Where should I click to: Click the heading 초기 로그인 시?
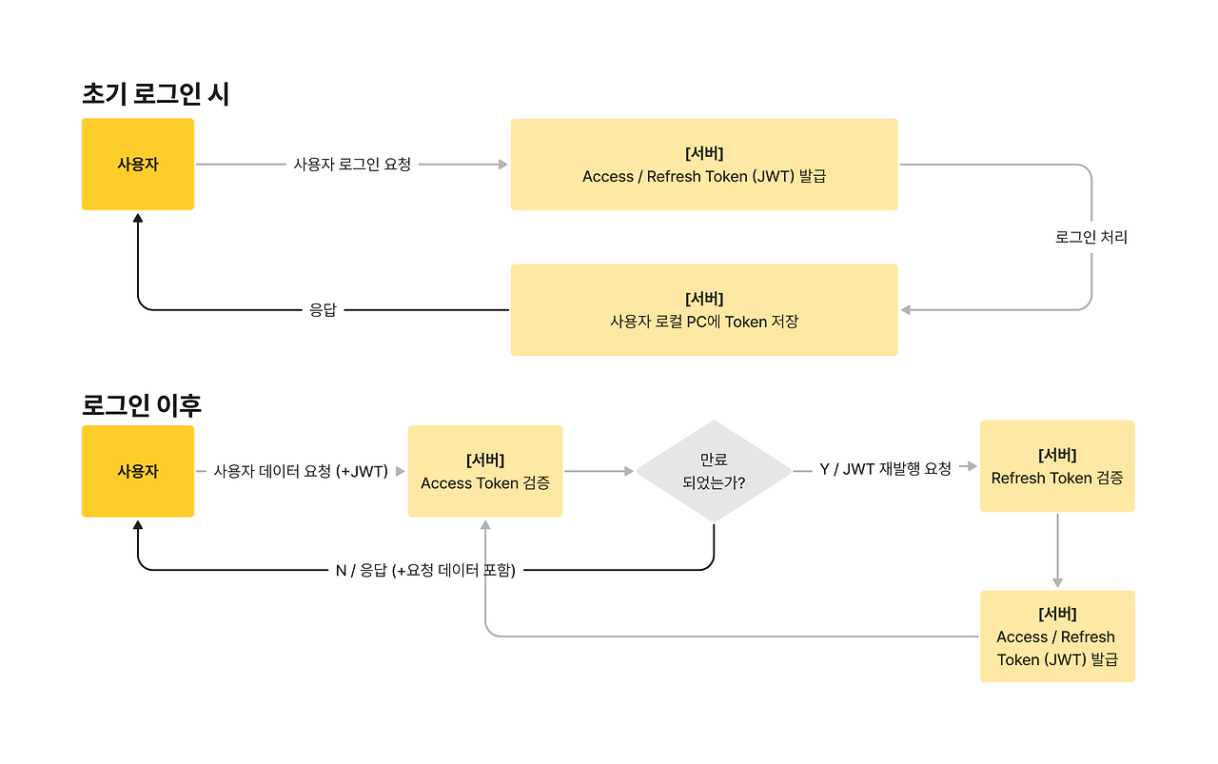[155, 93]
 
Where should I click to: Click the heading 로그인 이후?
[142, 405]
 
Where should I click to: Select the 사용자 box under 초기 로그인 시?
[138, 165]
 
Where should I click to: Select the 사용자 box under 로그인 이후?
[138, 471]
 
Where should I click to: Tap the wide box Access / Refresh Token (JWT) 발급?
[704, 165]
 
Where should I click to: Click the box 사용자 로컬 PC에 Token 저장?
[704, 310]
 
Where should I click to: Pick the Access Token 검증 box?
[485, 471]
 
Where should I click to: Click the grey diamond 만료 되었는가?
[714, 471]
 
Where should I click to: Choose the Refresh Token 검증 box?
[1057, 466]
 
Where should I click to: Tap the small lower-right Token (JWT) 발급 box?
[1057, 637]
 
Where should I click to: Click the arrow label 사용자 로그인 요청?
[352, 165]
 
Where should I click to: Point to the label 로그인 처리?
[1091, 237]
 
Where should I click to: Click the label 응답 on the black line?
[323, 310]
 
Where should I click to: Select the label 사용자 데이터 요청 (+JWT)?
[301, 471]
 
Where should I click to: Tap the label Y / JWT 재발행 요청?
[885, 469]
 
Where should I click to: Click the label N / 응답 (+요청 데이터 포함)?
[425, 570]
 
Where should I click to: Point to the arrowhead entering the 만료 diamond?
[629, 471]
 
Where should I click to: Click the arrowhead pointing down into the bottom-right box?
[1057, 583]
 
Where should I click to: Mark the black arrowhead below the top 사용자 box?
[138, 218]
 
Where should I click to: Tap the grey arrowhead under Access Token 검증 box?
[485, 525]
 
